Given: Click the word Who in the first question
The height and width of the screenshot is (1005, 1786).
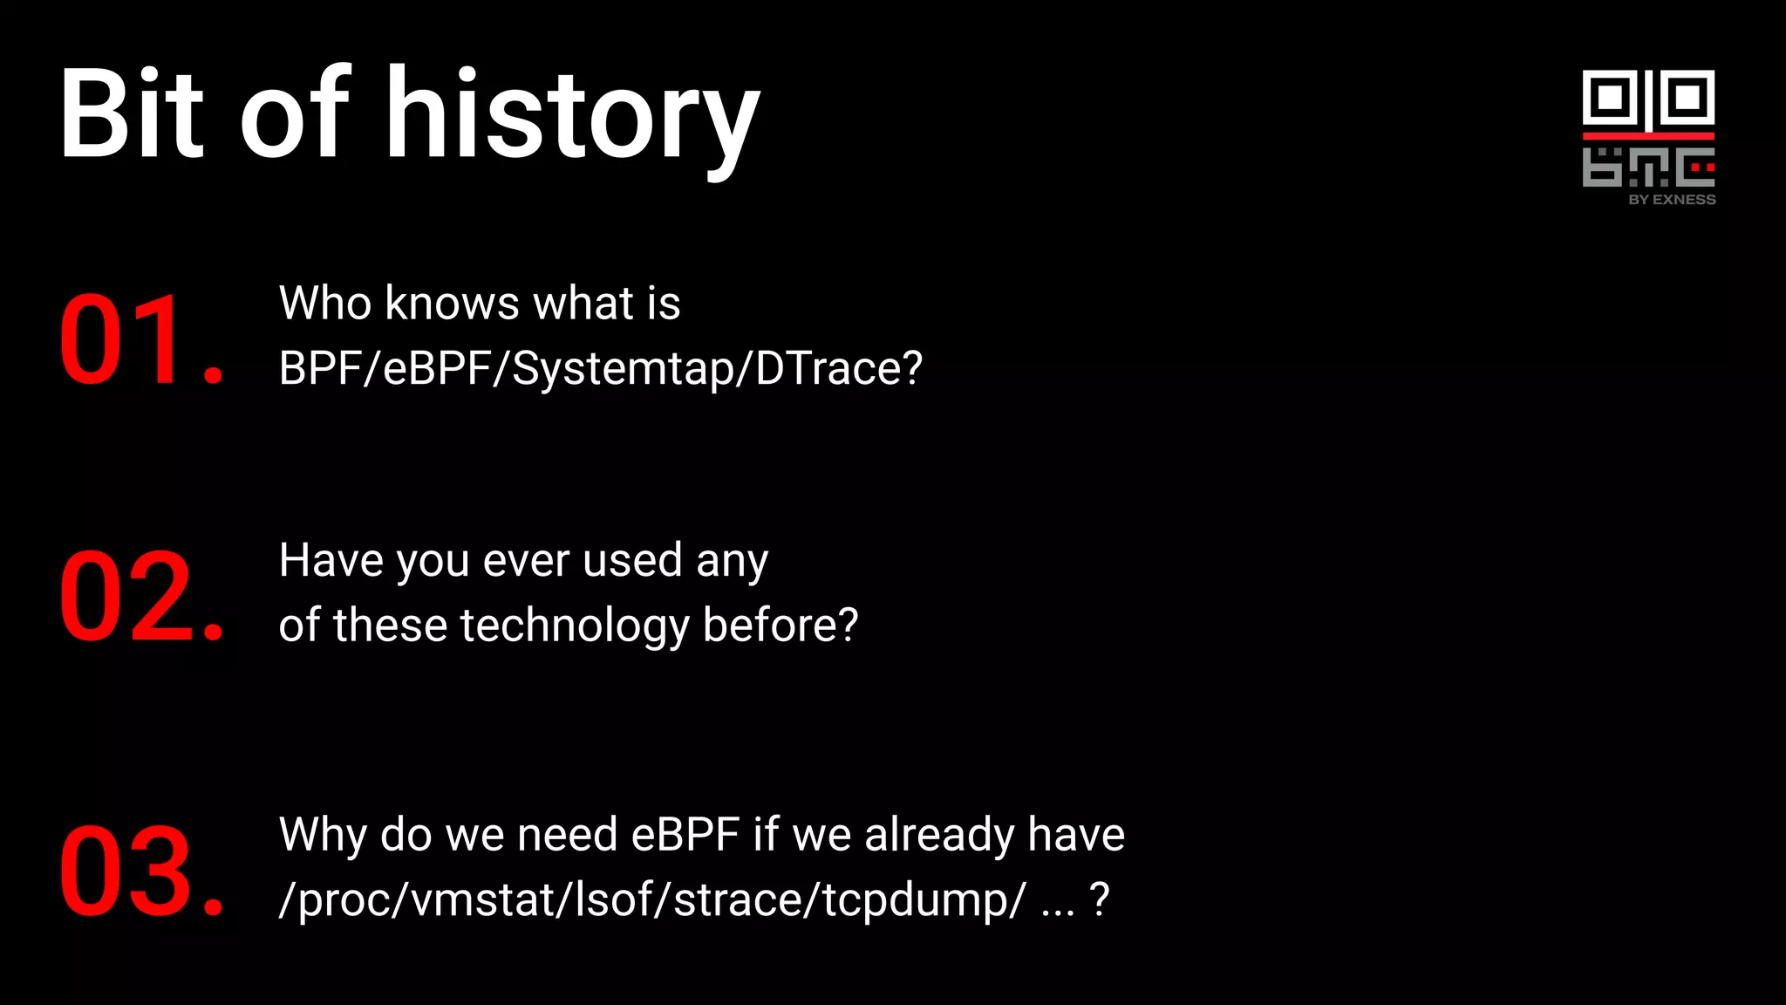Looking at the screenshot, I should (325, 304).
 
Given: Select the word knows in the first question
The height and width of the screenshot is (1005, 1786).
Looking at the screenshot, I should (453, 304).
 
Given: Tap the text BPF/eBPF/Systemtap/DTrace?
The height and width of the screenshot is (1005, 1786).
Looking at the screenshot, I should (600, 368).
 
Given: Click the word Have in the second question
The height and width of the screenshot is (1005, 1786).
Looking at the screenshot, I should (331, 560).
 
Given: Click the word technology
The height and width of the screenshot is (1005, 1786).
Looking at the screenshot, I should (575, 626).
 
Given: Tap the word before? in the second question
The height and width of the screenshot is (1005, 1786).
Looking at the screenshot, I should (781, 626).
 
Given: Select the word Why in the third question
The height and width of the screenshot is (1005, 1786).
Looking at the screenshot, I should (323, 834).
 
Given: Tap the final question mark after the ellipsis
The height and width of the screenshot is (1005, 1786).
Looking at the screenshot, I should (1100, 899).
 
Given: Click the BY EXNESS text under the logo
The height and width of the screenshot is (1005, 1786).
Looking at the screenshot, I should (1672, 200).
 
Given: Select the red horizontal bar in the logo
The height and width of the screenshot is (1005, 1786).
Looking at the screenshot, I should (1648, 136).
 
